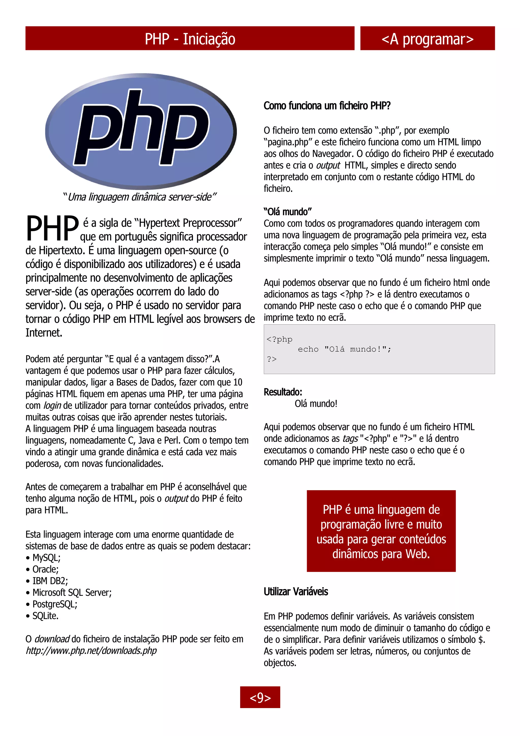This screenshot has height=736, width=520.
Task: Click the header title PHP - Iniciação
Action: [190, 39]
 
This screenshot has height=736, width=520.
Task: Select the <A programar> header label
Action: [427, 39]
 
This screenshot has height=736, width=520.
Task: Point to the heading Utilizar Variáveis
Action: [296, 591]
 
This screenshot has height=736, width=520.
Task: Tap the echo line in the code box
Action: [345, 349]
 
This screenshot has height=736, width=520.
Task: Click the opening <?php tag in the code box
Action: [279, 339]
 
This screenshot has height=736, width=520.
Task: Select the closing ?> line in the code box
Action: [272, 359]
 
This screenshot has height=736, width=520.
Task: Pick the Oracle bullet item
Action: [45, 569]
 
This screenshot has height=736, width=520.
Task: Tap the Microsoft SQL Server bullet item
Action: [72, 593]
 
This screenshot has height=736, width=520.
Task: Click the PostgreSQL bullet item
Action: [55, 604]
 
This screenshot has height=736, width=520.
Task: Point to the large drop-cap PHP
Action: [52, 228]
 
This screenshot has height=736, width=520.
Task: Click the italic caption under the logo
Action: [140, 197]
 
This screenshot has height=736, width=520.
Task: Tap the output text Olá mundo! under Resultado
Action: [316, 404]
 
